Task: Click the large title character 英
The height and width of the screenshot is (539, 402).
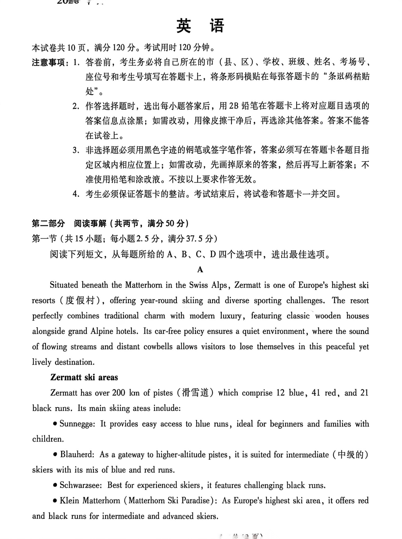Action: [184, 26]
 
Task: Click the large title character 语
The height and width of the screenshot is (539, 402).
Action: [217, 26]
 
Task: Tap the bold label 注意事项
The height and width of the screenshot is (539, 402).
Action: [48, 62]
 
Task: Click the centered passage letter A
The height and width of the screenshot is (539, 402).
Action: [201, 269]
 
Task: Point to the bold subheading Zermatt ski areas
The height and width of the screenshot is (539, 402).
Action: [84, 377]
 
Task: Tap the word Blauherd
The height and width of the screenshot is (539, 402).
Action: [77, 454]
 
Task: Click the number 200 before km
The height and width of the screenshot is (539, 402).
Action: [119, 393]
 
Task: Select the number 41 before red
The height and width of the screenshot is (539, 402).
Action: [316, 393]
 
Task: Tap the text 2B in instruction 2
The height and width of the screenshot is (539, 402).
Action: [233, 106]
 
